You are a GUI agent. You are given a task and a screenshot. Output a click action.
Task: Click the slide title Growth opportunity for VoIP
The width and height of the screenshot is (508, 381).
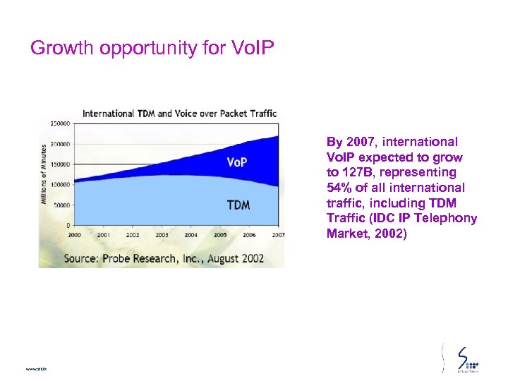point(152,48)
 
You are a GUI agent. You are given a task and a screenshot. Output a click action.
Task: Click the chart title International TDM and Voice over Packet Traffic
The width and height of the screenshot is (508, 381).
point(179,113)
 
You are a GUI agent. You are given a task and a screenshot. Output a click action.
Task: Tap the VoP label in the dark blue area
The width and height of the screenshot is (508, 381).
point(236,162)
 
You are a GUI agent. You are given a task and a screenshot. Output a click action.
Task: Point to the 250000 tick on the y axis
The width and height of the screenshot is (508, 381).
point(59,123)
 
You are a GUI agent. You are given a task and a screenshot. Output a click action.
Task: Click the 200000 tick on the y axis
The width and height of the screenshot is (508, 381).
point(59,143)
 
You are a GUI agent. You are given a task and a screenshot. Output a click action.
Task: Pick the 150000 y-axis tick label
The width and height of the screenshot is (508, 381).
point(59,164)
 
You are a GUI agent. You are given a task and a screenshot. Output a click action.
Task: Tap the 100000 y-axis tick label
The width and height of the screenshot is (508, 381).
point(59,184)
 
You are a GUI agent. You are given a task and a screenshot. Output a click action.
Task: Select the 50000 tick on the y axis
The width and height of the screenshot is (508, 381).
point(61,205)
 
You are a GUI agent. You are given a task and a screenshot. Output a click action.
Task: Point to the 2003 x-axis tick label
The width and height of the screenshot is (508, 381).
point(162,234)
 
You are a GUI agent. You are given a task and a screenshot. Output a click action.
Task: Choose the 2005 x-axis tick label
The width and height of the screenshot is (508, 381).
point(220,234)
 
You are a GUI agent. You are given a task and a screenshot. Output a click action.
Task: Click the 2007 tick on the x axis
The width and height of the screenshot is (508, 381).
point(278,234)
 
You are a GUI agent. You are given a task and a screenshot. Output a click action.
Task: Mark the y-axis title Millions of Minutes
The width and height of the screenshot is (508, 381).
point(44,174)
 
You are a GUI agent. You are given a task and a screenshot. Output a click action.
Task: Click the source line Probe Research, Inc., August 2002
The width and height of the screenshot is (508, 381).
point(164,258)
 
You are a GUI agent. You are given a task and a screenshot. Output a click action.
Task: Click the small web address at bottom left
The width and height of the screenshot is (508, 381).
point(35,369)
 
